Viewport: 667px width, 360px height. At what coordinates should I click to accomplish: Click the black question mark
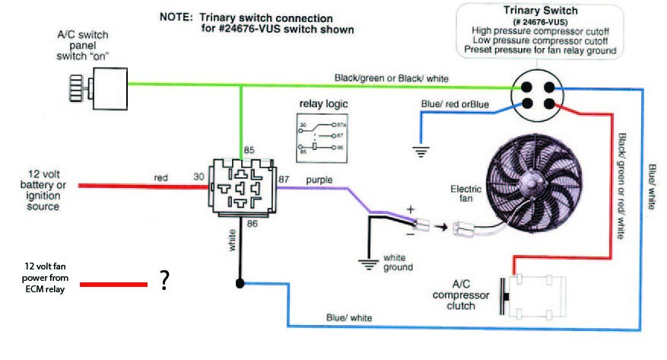(x=164, y=282)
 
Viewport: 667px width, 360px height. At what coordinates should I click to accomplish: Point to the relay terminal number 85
(x=248, y=150)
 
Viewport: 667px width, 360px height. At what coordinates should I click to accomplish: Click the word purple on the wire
(x=319, y=180)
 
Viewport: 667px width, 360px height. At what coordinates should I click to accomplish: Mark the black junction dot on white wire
(x=240, y=283)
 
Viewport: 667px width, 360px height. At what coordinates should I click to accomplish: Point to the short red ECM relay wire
(x=114, y=285)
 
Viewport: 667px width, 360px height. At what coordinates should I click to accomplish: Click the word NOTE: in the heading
(x=176, y=17)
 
